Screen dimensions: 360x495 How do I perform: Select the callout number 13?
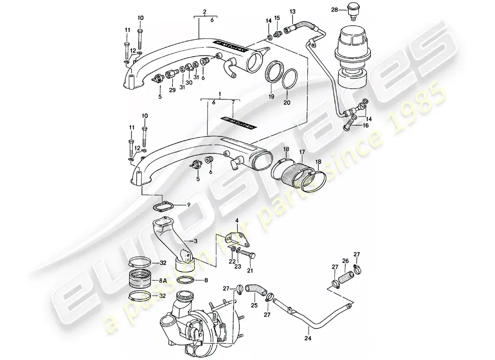coord(292,10)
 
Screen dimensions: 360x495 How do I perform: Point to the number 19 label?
coord(271,96)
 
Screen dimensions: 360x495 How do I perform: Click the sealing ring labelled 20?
coord(291,79)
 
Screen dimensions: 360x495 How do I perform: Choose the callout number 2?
coord(204,11)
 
